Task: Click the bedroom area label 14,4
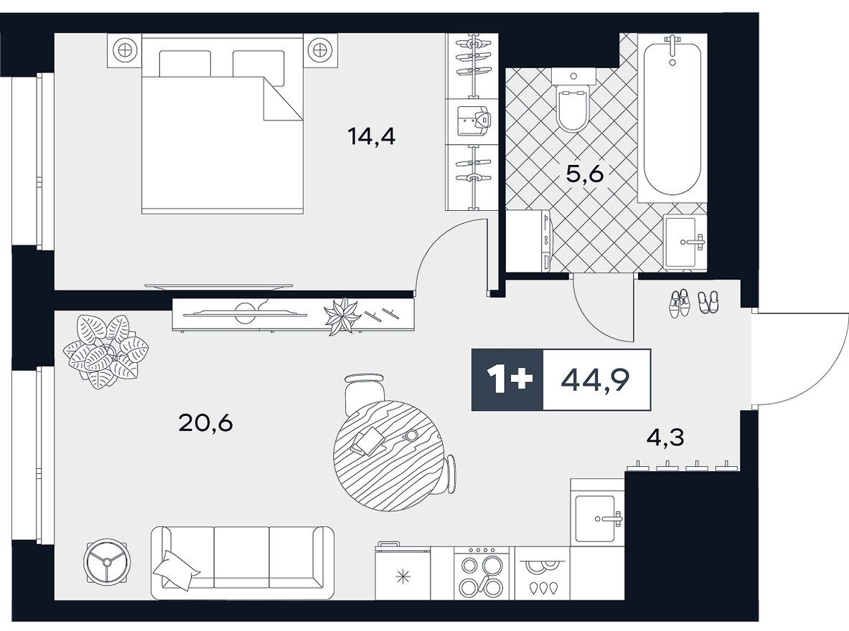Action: click(372, 136)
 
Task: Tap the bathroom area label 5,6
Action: click(584, 174)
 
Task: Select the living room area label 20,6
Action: click(205, 422)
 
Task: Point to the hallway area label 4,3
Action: click(665, 437)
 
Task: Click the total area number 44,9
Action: click(595, 380)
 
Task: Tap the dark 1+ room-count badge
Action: click(507, 379)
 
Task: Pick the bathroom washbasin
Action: click(685, 242)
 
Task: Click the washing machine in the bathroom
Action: click(528, 240)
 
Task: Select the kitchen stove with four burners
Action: click(482, 573)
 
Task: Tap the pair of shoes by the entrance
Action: click(693, 301)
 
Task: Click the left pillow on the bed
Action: click(184, 63)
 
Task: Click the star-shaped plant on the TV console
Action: click(341, 317)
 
